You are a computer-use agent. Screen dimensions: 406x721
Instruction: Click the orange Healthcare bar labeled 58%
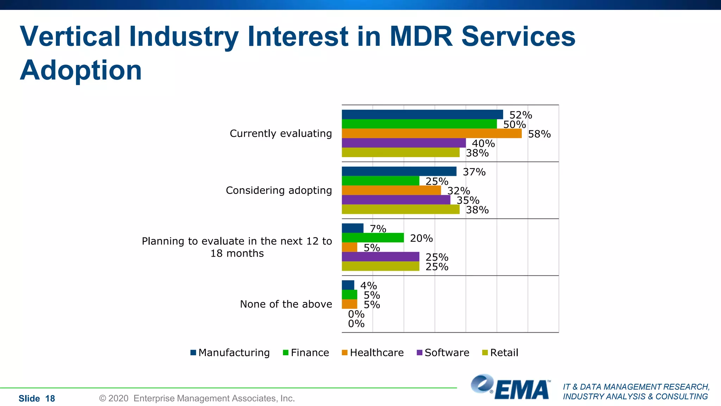coord(431,134)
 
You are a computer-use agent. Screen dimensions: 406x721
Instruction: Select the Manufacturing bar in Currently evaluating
coord(422,115)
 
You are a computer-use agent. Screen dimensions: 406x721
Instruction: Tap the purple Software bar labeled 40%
coord(403,143)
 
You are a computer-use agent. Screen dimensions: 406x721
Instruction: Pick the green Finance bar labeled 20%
coord(372,238)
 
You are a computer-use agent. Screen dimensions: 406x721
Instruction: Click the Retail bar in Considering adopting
coord(400,209)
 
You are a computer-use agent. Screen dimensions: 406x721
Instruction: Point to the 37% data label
coord(474,172)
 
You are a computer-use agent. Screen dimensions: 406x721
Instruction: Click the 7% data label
coord(378,229)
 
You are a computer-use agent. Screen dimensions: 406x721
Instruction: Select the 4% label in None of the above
coord(368,285)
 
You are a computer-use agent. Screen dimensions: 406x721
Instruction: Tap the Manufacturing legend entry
coord(230,353)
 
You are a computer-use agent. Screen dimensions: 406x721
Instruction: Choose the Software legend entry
coord(443,353)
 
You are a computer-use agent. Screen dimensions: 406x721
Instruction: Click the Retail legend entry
coord(500,353)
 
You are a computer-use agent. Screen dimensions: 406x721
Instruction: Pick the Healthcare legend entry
coord(373,353)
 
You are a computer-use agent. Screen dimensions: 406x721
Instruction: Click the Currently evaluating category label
coord(281,134)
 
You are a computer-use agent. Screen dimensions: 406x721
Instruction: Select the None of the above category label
coord(286,304)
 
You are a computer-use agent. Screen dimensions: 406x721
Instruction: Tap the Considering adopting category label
coord(278,190)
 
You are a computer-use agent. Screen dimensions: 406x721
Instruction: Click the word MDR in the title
coord(421,36)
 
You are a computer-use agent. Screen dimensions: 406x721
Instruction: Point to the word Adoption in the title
coord(81,70)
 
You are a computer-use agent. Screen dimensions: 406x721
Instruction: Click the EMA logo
coord(510,388)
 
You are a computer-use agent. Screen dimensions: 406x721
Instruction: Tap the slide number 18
coord(50,399)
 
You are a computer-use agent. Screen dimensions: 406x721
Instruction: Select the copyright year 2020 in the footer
coord(118,399)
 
